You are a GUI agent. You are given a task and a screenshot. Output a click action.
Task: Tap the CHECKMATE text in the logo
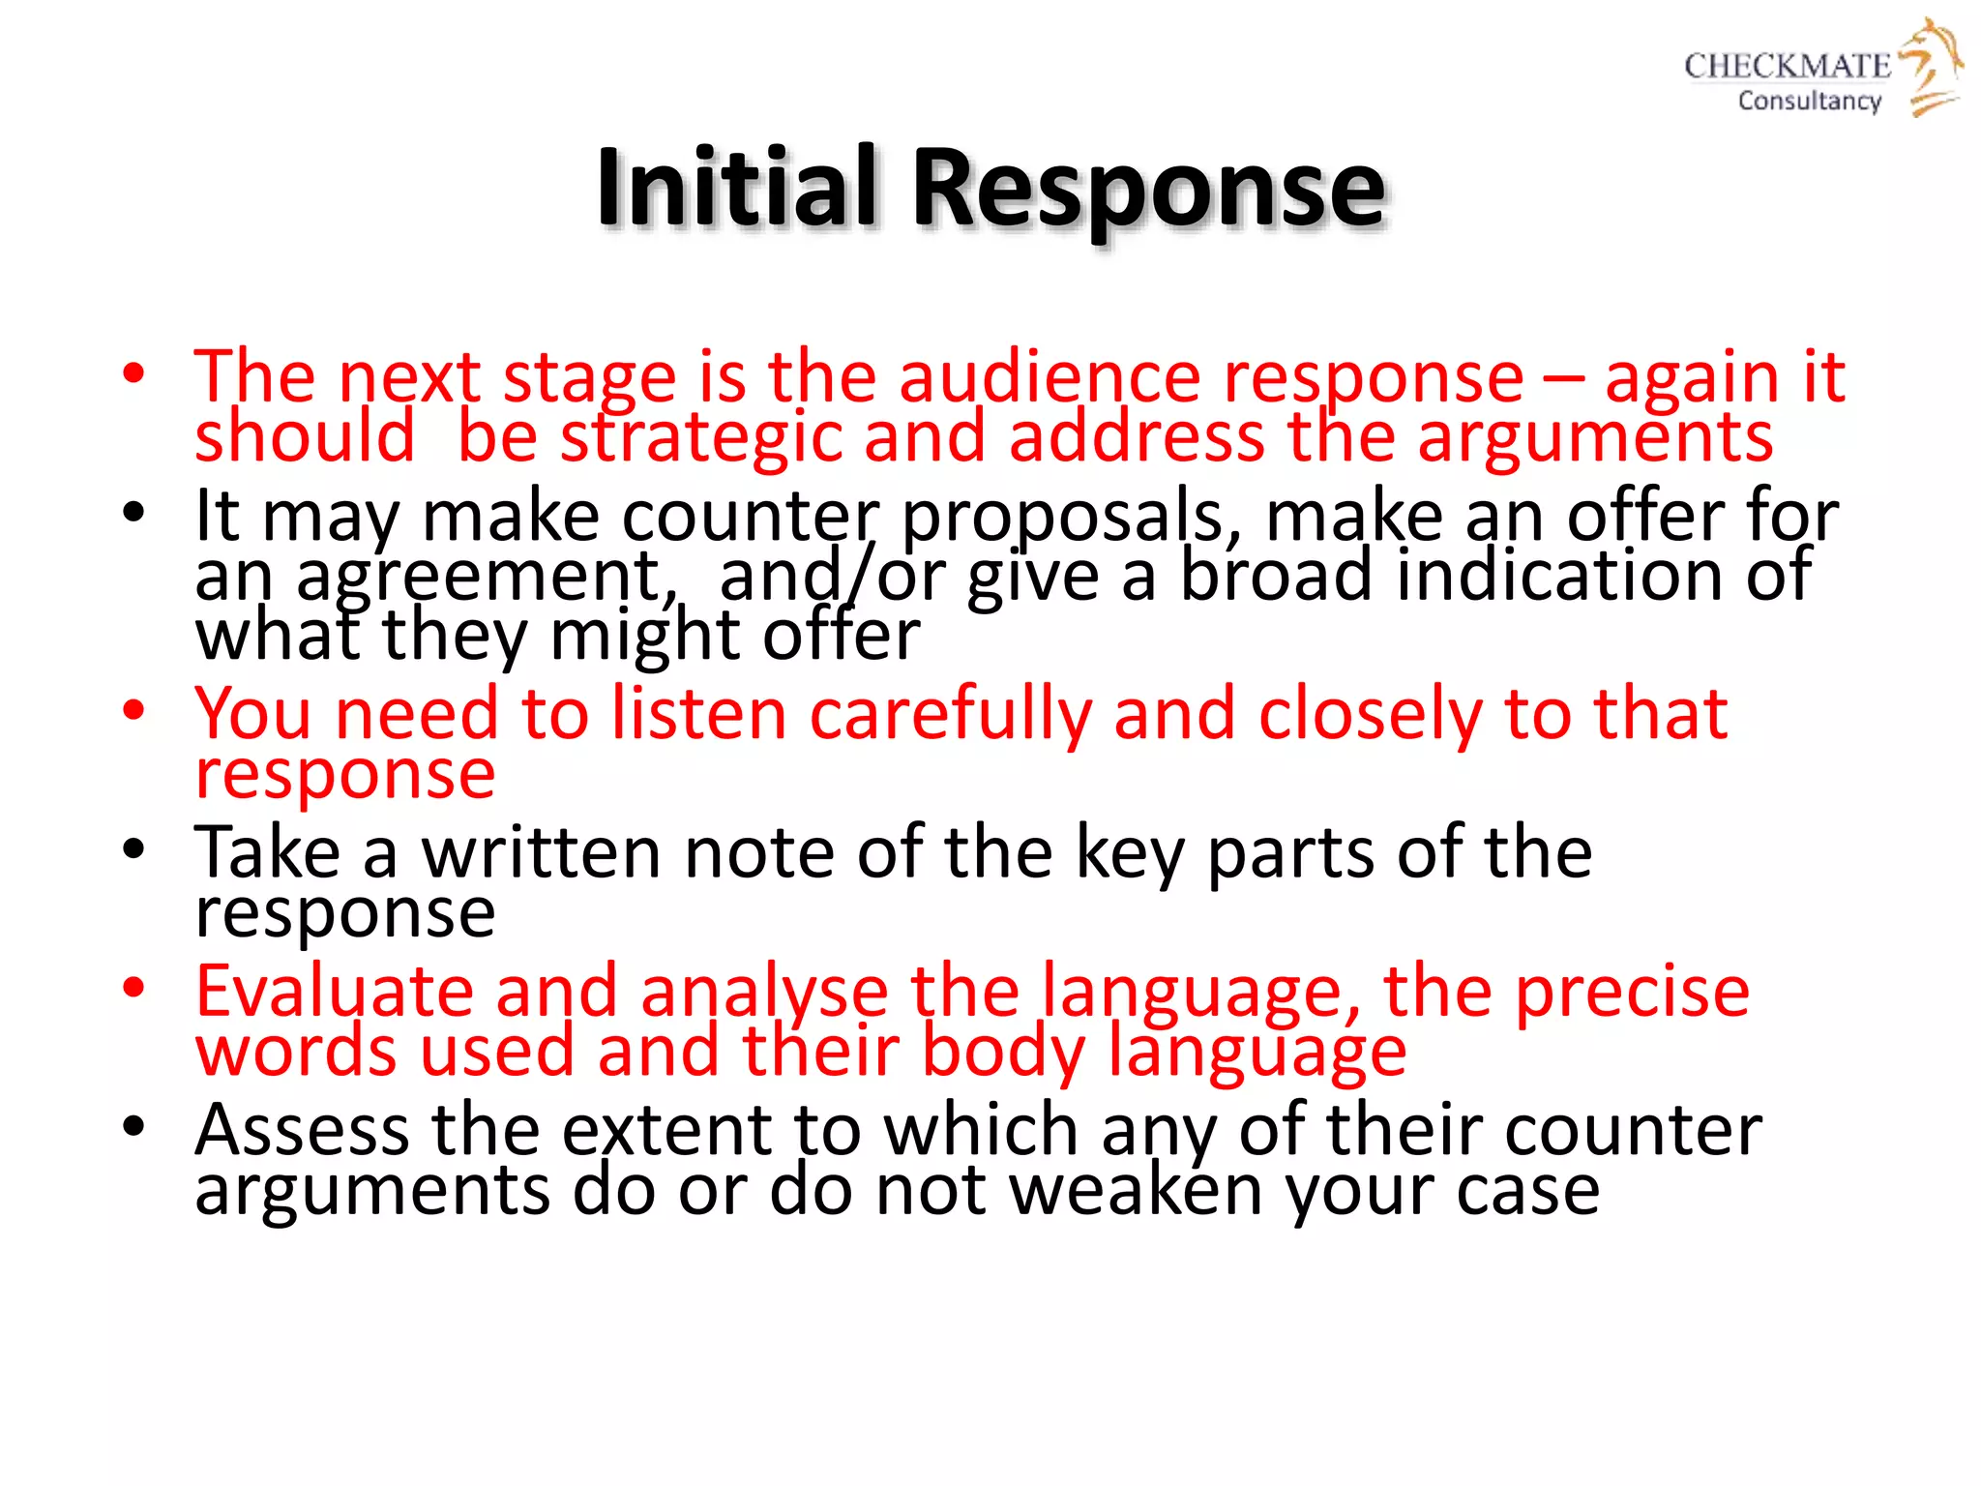[1787, 66]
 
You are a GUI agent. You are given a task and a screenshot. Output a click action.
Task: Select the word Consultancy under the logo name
[1809, 101]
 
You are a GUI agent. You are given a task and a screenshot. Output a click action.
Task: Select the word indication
[1558, 575]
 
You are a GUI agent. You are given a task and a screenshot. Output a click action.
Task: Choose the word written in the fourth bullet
[541, 852]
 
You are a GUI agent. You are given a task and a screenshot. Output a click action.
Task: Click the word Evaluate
[334, 991]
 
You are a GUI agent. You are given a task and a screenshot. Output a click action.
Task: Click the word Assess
[302, 1129]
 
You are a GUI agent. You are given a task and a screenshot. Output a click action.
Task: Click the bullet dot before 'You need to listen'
[133, 711]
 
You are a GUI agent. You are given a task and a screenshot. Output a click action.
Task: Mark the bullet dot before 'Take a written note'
[133, 849]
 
